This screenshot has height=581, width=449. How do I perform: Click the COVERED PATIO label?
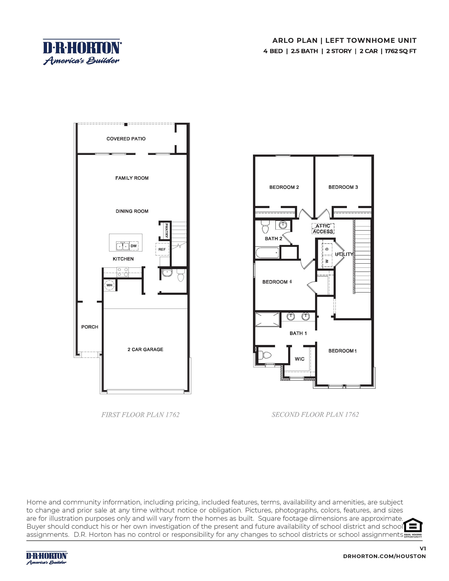tap(126, 139)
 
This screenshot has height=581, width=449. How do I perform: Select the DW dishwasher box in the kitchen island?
tap(134, 246)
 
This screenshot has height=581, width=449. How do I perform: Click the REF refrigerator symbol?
tap(162, 249)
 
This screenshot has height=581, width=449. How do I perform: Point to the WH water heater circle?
tap(109, 285)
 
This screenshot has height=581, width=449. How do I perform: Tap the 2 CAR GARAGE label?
tap(145, 349)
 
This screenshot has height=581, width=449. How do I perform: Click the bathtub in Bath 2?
tap(267, 253)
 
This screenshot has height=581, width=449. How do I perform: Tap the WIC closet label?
tap(300, 359)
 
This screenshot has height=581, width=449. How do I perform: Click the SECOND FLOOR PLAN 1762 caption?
tap(315, 415)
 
